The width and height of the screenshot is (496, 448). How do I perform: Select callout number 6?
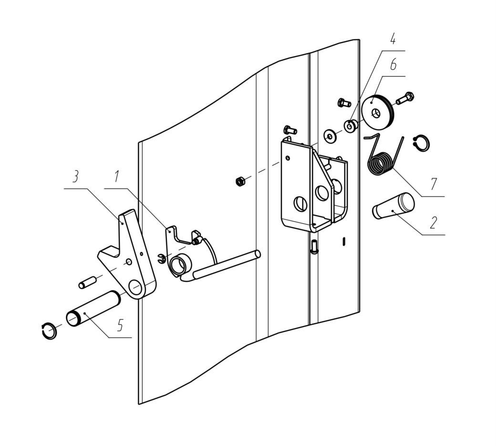pos(393,65)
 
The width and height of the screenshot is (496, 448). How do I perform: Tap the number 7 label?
pos(434,184)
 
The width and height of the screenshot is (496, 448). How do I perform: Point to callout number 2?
pos(434,222)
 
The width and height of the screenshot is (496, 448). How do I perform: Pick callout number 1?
pos(117,176)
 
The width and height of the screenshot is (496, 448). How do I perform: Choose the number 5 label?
pos(120,325)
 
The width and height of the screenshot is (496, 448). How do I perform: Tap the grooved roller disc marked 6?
pos(378,111)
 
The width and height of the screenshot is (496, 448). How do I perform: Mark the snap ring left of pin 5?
pos(49,331)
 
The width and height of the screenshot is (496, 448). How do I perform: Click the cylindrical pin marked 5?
pos(93,309)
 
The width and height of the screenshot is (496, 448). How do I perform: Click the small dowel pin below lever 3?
pos(87,282)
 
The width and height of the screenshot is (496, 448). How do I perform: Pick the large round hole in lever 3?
pos(135,286)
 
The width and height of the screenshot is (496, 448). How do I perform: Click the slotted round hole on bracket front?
pos(300,204)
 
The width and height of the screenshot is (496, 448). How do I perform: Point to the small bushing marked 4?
pos(351,126)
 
